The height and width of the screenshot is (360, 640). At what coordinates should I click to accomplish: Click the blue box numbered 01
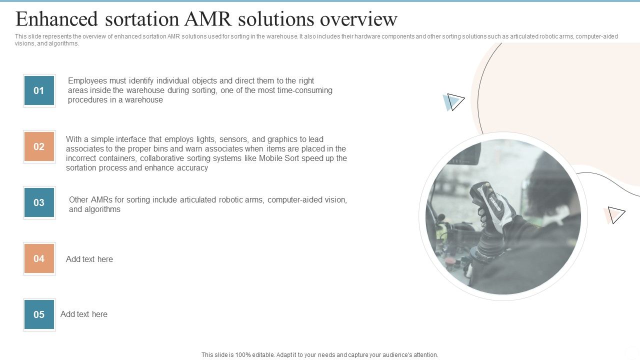pyautogui.click(x=39, y=90)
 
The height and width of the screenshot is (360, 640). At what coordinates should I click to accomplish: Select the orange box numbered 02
pyautogui.click(x=39, y=146)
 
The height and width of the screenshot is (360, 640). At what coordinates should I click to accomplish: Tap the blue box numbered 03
pyautogui.click(x=39, y=202)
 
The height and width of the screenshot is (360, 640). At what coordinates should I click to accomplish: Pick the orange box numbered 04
pyautogui.click(x=39, y=258)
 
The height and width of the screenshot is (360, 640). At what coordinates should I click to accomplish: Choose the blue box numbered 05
pyautogui.click(x=39, y=314)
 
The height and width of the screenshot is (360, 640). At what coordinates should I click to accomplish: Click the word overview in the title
pyautogui.click(x=358, y=19)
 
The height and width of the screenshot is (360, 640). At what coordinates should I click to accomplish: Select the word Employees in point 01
pyautogui.click(x=87, y=81)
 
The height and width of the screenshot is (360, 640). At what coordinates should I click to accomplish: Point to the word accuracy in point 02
pyautogui.click(x=192, y=168)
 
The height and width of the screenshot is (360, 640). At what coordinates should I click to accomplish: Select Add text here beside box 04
pyautogui.click(x=89, y=259)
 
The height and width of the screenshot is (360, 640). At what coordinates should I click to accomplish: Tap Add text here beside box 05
pyautogui.click(x=84, y=314)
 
